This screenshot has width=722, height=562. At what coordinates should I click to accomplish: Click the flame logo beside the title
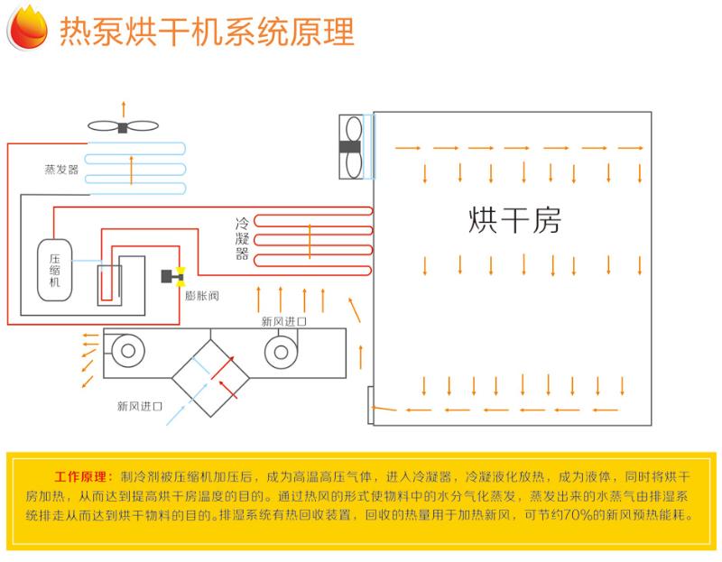27,29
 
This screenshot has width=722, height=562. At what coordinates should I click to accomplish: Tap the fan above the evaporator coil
123,126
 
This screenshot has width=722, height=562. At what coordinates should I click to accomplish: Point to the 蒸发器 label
61,169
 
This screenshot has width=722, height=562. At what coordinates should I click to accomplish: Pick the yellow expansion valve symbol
180,274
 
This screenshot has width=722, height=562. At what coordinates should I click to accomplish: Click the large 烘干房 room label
514,220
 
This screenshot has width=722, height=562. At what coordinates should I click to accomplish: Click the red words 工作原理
82,475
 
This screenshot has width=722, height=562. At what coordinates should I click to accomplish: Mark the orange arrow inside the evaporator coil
132,168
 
